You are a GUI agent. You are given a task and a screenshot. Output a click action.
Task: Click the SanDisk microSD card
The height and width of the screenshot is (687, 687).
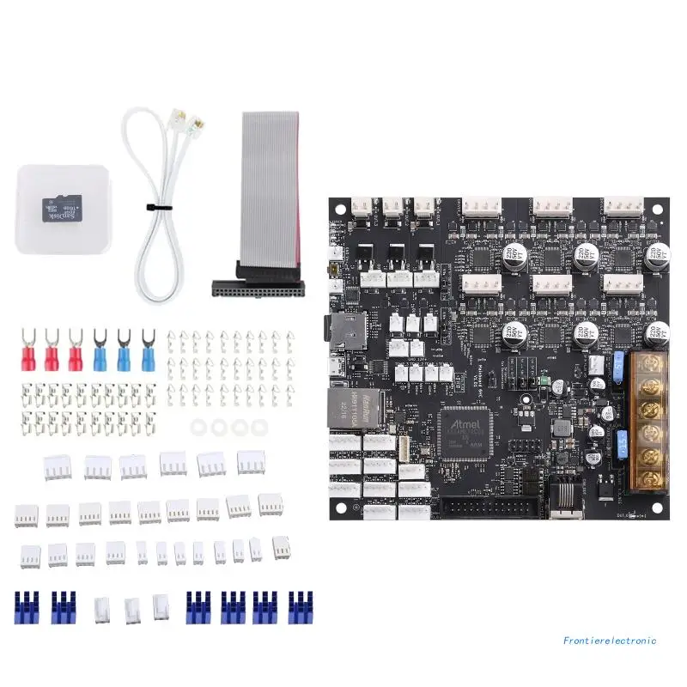60,210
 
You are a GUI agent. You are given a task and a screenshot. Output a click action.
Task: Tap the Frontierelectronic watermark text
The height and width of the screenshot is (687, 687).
610,640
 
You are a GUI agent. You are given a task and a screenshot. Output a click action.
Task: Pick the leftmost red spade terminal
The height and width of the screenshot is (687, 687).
27,351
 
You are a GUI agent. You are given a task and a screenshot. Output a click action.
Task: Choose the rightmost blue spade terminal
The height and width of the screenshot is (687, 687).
148,351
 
